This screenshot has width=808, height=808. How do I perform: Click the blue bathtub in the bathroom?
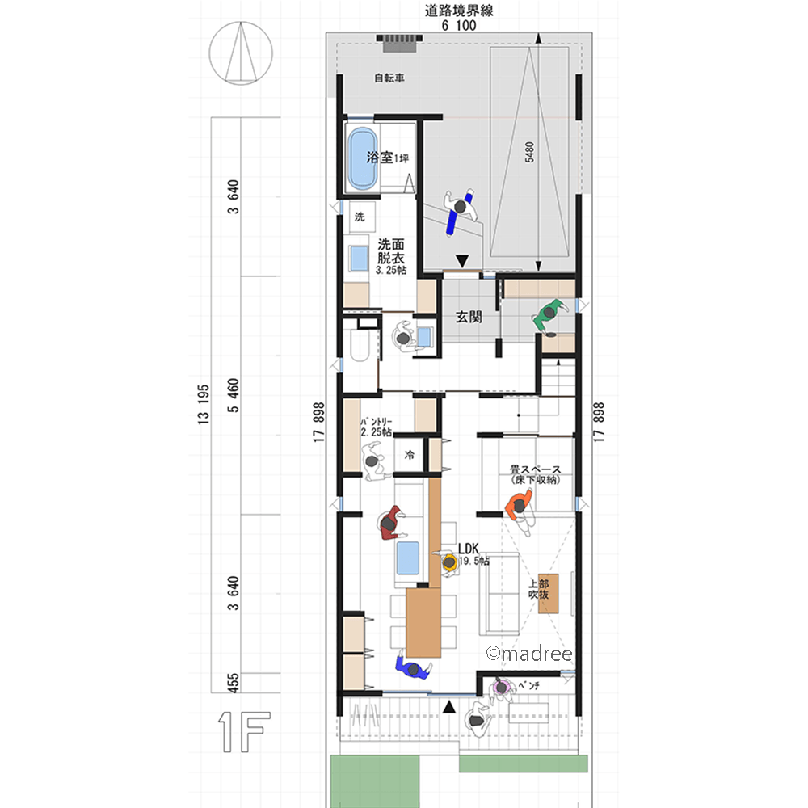pyautogui.click(x=362, y=158)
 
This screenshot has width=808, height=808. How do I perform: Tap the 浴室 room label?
pyautogui.click(x=380, y=158)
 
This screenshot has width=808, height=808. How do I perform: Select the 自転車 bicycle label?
pyautogui.click(x=389, y=78)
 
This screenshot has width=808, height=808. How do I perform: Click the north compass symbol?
pyautogui.click(x=241, y=53)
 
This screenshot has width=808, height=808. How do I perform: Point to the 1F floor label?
pyautogui.click(x=244, y=732)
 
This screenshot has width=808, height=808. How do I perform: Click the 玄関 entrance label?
pyautogui.click(x=469, y=317)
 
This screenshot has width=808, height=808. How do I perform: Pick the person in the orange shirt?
pyautogui.click(x=520, y=509)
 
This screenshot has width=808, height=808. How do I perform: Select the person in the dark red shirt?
pyautogui.click(x=390, y=523)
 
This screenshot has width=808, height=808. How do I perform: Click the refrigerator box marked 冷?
pyautogui.click(x=409, y=454)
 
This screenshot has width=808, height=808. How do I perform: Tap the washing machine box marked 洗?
pyautogui.click(x=360, y=217)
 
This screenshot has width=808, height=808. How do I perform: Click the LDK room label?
pyautogui.click(x=469, y=549)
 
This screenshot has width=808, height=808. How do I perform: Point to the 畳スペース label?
pyautogui.click(x=536, y=469)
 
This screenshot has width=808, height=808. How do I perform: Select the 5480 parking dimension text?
pyautogui.click(x=529, y=152)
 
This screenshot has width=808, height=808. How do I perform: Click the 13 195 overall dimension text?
pyautogui.click(x=204, y=405)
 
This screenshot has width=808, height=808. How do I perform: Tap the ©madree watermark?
pyautogui.click(x=529, y=654)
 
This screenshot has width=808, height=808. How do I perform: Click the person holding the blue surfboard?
pyautogui.click(x=459, y=210)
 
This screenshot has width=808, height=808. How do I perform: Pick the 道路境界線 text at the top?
pyautogui.click(x=459, y=11)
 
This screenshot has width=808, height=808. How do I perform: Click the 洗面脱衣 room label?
pyautogui.click(x=391, y=251)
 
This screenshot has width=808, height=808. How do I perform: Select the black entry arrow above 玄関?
pyautogui.click(x=462, y=261)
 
